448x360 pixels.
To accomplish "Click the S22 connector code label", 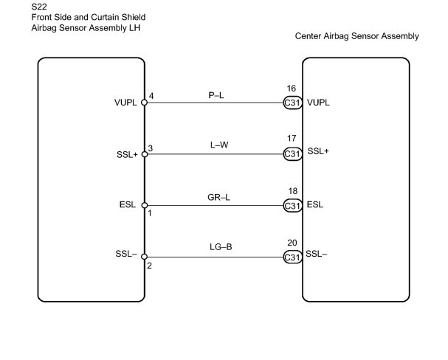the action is [x=39, y=7].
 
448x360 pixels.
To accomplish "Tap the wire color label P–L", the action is [x=216, y=95].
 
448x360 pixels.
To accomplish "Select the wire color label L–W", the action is [x=219, y=145].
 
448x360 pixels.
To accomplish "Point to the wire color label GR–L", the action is [x=219, y=197].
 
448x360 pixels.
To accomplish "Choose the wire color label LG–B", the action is [x=221, y=246].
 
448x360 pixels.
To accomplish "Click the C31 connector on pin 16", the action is [x=293, y=103].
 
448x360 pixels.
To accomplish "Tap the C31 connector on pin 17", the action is [x=293, y=154].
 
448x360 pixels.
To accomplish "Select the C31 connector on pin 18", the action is [x=293, y=206].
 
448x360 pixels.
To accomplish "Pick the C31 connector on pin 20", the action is [x=293, y=257].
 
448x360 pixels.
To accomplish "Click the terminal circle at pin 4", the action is [x=145, y=103].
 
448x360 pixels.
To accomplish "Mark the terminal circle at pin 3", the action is [x=145, y=154].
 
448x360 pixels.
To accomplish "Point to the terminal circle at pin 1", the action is [x=145, y=205].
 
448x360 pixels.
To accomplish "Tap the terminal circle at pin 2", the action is [x=145, y=257].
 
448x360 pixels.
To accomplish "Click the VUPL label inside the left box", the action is [x=125, y=103].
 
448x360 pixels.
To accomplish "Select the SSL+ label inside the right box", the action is [x=318, y=151].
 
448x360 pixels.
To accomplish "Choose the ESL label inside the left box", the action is [x=128, y=204].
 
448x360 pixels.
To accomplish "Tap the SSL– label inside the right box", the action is [x=317, y=254].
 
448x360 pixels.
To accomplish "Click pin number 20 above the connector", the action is [x=292, y=243].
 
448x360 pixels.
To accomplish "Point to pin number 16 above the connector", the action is [x=292, y=89].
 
